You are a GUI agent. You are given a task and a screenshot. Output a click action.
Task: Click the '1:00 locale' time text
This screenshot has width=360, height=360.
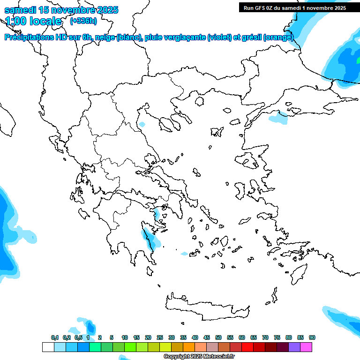click(x=34, y=21)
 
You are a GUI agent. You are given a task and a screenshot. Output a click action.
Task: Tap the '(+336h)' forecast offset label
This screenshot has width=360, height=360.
click(x=83, y=21)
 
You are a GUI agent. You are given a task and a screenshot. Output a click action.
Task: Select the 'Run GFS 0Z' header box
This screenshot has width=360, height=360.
click(x=294, y=7)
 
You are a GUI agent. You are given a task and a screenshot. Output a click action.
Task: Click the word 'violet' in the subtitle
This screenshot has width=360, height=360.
click(x=219, y=37)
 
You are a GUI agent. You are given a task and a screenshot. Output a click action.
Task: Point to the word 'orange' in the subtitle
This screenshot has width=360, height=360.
click(x=278, y=37)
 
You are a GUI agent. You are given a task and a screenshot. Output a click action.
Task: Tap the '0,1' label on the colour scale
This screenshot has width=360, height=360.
click(x=55, y=337)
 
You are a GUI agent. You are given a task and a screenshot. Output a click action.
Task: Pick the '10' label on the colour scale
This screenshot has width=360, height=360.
click(x=125, y=337)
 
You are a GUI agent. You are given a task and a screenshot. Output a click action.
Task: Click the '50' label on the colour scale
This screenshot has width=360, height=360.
click(x=218, y=337)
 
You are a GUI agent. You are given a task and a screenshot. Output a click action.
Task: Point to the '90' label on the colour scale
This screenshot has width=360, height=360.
click(x=312, y=337)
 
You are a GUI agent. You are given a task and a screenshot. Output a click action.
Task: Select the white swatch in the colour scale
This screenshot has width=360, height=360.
click(x=48, y=347)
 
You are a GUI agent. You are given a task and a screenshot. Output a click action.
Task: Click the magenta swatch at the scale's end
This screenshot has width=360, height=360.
click(x=306, y=347)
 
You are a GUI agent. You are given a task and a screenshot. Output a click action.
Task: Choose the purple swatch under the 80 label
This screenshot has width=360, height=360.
click(x=294, y=347)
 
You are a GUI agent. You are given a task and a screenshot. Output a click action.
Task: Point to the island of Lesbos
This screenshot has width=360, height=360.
click(x=249, y=161)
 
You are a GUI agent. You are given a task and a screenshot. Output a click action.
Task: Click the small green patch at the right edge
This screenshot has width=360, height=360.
click(x=358, y=61)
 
